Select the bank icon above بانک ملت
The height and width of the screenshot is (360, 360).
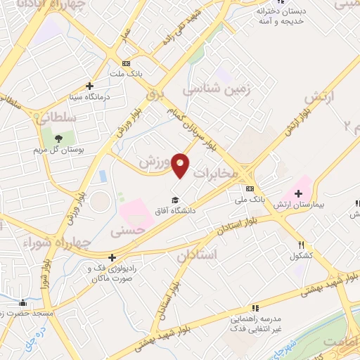[x=125, y=63]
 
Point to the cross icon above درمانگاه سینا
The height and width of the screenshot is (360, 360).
[x=89, y=85]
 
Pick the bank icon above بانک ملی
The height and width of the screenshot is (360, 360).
[x=250, y=188]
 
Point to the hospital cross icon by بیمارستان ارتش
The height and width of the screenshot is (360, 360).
[x=299, y=193]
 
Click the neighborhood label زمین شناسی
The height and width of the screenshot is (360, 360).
[x=217, y=89]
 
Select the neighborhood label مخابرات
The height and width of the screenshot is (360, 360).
[x=217, y=172]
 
